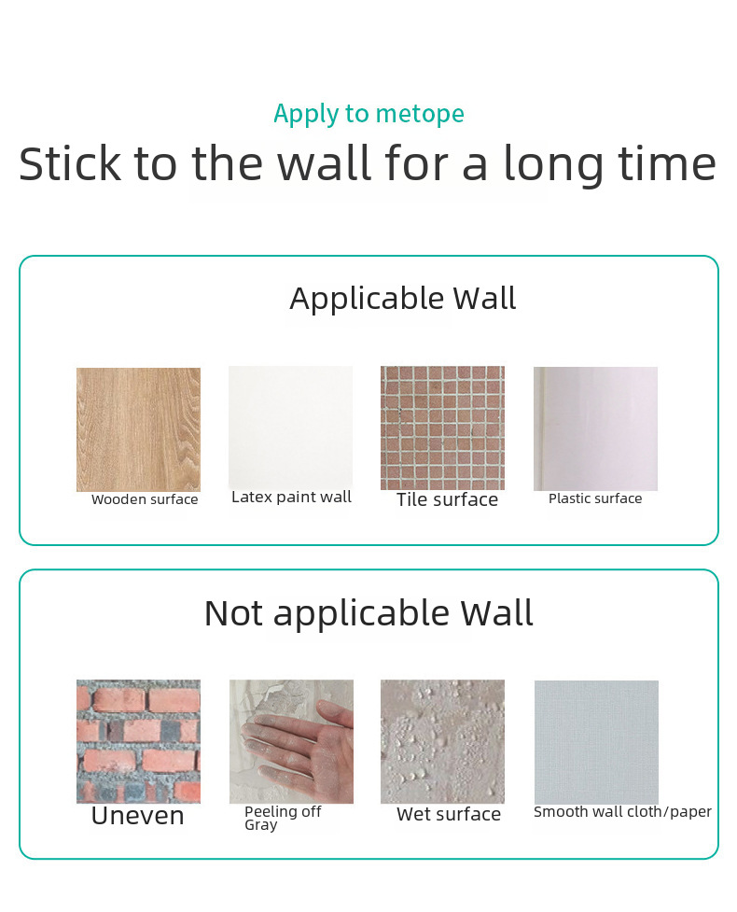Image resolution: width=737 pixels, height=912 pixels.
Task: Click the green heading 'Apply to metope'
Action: pos(368,114)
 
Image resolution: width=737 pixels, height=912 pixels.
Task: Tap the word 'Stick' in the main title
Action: pos(70,163)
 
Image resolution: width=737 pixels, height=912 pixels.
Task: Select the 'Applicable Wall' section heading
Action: pos(403,299)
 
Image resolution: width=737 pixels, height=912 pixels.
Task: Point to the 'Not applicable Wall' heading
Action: pos(368,613)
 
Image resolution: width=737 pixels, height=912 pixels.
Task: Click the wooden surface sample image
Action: pos(138,429)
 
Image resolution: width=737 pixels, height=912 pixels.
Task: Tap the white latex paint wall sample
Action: pos(291,427)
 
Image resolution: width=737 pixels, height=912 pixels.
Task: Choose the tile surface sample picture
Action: pos(442,428)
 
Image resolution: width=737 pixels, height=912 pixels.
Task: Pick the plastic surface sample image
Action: pos(596,428)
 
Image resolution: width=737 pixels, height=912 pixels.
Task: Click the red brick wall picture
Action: pos(138,741)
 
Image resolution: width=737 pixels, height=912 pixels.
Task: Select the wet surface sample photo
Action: pos(442,741)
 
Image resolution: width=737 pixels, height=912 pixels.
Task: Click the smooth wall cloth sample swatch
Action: pos(596,742)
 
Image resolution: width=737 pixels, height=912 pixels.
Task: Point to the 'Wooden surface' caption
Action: pos(145,499)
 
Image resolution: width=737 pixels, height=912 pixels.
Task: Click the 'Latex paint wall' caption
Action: pos(291,498)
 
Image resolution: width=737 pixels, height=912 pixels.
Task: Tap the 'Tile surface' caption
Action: pos(447,499)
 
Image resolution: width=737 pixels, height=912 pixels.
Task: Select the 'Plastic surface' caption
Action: pos(595,498)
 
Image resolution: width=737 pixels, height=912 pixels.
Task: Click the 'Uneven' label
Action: pos(138,816)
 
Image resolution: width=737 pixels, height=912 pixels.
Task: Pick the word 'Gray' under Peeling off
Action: pos(261,825)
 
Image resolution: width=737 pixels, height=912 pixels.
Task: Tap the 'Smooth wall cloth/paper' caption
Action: pos(622,812)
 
